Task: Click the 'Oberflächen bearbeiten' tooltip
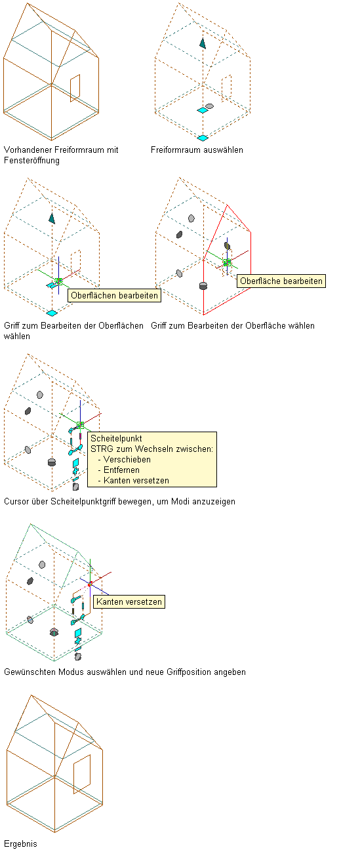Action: click(114, 296)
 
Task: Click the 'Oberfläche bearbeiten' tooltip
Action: click(281, 281)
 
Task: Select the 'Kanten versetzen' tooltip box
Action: click(129, 601)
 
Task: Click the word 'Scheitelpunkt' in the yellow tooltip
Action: click(116, 439)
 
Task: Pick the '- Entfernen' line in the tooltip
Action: click(119, 470)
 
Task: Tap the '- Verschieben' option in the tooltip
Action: click(125, 460)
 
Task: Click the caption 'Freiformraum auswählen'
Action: click(197, 150)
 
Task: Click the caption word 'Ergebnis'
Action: click(20, 843)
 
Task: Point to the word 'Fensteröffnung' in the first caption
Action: click(31, 161)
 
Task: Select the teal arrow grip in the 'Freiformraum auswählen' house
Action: click(203, 43)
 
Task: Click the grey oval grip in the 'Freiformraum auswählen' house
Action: click(209, 106)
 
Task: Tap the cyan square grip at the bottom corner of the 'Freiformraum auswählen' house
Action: click(203, 138)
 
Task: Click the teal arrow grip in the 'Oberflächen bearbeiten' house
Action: click(52, 218)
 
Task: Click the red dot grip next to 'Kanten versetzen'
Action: click(90, 584)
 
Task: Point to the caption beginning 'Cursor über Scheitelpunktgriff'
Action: click(119, 502)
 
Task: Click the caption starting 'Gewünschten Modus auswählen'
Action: click(125, 672)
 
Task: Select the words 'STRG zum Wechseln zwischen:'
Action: click(151, 449)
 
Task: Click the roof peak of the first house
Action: click(28, 3)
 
